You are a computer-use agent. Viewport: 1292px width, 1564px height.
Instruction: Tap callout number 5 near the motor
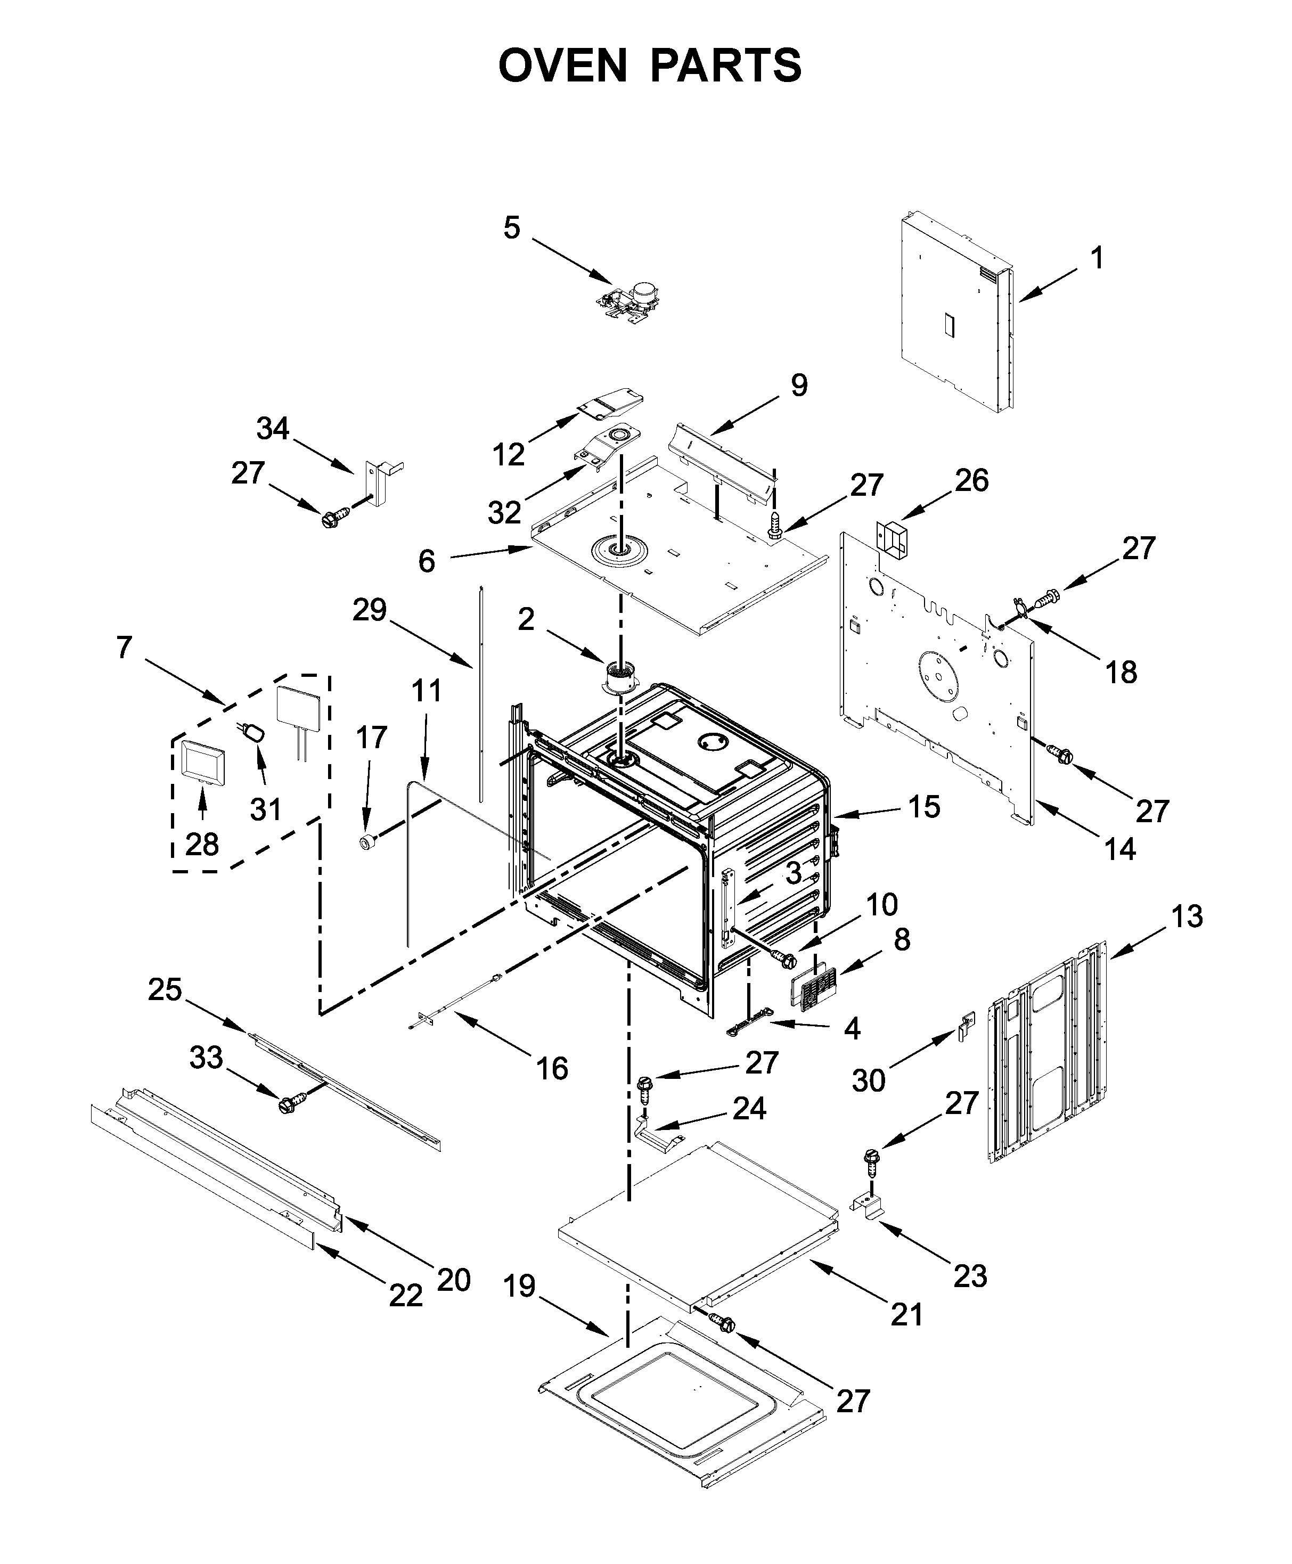coord(511,228)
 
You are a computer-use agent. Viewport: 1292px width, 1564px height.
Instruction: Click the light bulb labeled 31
coord(255,732)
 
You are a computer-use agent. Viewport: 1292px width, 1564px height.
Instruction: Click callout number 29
coord(370,610)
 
